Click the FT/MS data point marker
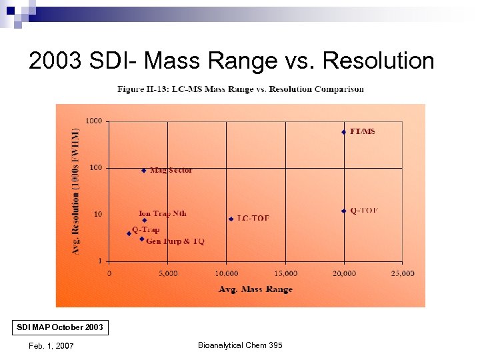[344, 132]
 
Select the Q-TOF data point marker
[344, 211]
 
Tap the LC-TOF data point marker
[231, 219]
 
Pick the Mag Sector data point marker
[144, 171]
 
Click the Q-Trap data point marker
[129, 233]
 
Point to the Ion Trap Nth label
[163, 213]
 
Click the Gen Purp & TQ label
[175, 241]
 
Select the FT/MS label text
[363, 131]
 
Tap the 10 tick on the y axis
[97, 214]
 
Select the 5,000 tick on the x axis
[167, 273]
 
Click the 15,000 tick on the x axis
[285, 273]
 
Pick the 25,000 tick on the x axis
[402, 273]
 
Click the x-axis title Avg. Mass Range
[255, 289]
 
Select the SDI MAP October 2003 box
[61, 328]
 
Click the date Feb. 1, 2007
[51, 345]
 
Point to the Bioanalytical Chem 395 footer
[240, 345]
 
